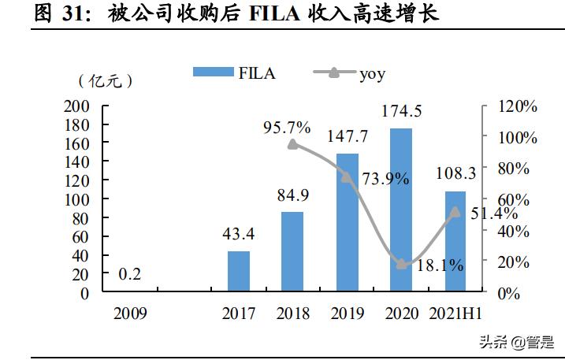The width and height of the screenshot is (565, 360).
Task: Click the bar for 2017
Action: pos(238,272)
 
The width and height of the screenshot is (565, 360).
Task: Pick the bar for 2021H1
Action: pos(455,241)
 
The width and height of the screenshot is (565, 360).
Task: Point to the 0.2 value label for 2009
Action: pos(130,274)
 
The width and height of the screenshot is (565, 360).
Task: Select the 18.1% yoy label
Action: pos(440,265)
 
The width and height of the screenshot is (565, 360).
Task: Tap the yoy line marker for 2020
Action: pos(402,264)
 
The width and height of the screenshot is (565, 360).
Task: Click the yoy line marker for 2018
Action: pos(293,144)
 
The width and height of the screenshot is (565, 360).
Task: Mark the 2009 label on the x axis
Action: pos(130,314)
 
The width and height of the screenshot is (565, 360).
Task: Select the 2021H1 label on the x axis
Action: pos(455,314)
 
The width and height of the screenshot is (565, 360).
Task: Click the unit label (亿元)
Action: pos(106,81)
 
